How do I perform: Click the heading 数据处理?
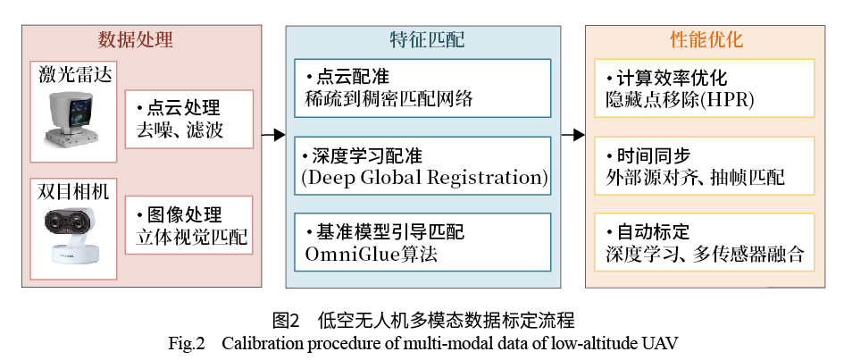pos(136,40)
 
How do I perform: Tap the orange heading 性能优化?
pos(706,40)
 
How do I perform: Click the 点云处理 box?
pos(186,119)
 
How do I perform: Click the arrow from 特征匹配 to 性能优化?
pos(572,135)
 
